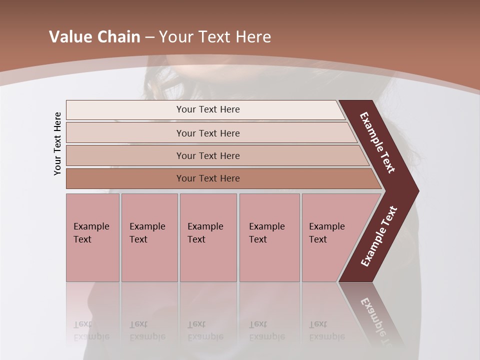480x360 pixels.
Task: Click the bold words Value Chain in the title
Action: coord(94,37)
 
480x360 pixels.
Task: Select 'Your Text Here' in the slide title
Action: coord(215,37)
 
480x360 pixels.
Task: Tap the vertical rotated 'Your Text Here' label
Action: coord(57,143)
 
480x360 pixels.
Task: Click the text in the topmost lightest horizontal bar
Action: coord(208,109)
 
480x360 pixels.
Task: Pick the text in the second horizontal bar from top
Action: coord(208,133)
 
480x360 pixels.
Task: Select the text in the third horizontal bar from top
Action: coord(208,156)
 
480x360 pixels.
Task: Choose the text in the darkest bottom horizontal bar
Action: coord(208,178)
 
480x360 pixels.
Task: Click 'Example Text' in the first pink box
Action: coord(91,233)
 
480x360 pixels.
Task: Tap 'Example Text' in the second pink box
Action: coord(147,233)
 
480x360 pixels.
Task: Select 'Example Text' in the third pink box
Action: coord(205,233)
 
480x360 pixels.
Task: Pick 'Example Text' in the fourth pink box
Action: coord(266,233)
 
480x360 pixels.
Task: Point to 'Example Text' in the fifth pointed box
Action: coord(326,233)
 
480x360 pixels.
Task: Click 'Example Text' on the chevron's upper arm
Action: coord(377,142)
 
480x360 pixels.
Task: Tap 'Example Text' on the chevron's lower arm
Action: coord(379,236)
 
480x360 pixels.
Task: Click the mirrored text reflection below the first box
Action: coord(91,330)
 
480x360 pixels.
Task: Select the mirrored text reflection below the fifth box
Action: coord(326,330)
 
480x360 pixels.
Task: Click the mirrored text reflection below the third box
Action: coord(205,330)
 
